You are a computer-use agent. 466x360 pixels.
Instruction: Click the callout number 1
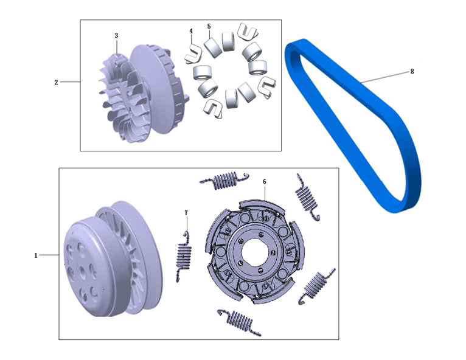(x=36, y=255)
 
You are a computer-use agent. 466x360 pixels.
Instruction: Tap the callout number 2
(x=56, y=82)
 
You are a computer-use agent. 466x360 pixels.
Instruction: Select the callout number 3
(x=116, y=35)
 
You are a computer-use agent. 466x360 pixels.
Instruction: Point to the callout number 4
(x=191, y=31)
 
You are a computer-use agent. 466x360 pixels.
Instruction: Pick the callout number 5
(x=209, y=26)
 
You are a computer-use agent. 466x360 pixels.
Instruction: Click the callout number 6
(x=265, y=181)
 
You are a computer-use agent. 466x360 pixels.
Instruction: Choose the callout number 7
(x=186, y=213)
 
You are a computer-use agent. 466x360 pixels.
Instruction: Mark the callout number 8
(x=412, y=72)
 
